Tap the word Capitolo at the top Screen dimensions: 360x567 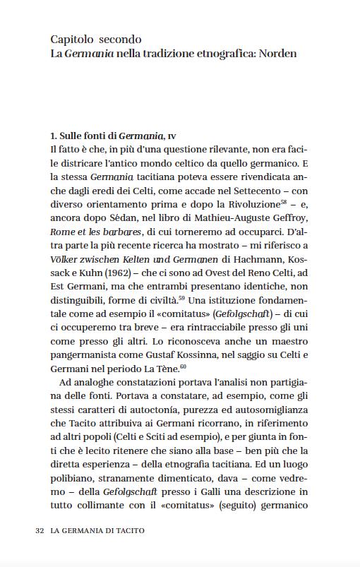tap(73, 40)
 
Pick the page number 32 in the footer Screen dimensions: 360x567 tap(40, 530)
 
